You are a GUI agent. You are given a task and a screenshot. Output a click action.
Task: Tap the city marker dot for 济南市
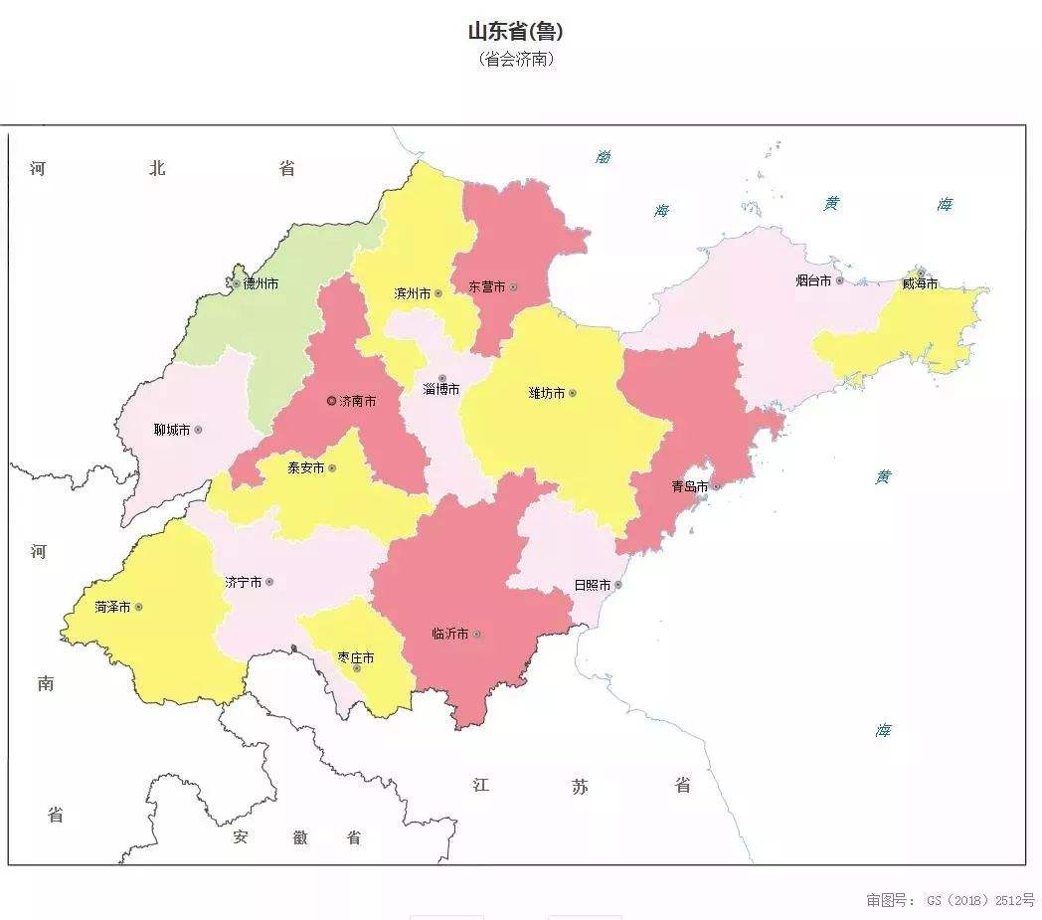332,401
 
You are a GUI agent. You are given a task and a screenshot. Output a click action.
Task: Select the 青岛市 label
689,486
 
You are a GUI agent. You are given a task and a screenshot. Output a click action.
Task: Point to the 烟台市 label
812,280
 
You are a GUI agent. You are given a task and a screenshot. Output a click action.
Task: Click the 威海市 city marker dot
921,272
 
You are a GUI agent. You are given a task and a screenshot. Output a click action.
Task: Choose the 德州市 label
260,283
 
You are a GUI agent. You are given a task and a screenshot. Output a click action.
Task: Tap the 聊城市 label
171,430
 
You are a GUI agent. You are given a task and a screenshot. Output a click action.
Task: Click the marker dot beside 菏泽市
138,607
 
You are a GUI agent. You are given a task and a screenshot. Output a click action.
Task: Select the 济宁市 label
243,582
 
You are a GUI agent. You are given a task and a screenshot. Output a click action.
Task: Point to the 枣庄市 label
355,657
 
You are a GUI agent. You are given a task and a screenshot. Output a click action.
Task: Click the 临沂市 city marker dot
477,634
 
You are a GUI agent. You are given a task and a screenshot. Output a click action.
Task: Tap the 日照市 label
592,585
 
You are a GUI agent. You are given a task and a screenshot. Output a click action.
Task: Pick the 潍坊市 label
546,393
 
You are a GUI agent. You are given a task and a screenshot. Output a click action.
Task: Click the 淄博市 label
440,389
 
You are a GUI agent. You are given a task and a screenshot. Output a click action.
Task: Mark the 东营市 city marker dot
513,287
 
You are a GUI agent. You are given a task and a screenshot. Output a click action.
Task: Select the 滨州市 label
412,293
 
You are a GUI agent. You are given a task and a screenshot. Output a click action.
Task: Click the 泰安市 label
305,467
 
